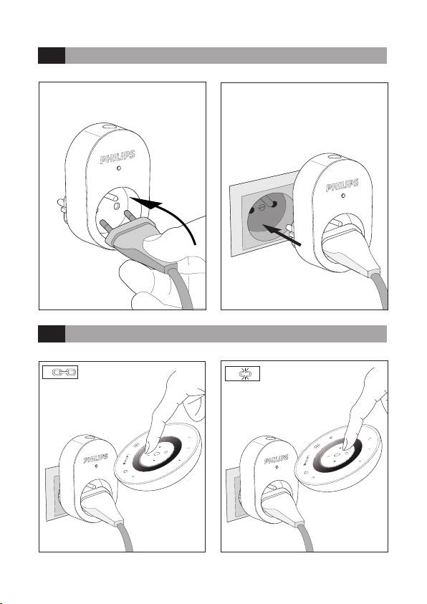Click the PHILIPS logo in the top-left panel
click(x=117, y=157)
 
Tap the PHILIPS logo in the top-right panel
click(x=342, y=185)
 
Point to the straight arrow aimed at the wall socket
click(x=282, y=235)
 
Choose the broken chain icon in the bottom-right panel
click(x=244, y=373)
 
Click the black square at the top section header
click(x=52, y=55)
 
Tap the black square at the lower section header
click(x=52, y=334)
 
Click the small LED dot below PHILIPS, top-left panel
click(x=119, y=168)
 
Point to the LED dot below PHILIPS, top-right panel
click(x=343, y=196)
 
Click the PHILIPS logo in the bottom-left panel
click(x=95, y=459)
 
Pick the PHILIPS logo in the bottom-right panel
click(x=276, y=459)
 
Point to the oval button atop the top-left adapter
click(x=110, y=126)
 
